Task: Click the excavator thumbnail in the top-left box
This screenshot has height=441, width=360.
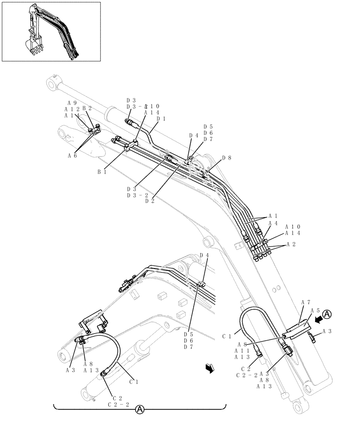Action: pyautogui.click(x=52, y=31)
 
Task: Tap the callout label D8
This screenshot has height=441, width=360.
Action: pyautogui.click(x=227, y=157)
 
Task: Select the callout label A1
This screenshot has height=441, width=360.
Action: pyautogui.click(x=273, y=217)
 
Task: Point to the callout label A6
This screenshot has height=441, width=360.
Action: pyautogui.click(x=72, y=155)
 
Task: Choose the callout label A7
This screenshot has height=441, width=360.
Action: pyautogui.click(x=306, y=303)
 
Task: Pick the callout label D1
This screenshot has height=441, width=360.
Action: pyautogui.click(x=161, y=119)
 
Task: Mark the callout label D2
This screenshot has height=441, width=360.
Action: pyautogui.click(x=150, y=201)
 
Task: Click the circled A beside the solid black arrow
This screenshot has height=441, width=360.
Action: pyautogui.click(x=326, y=314)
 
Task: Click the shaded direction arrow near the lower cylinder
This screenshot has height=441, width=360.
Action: pyautogui.click(x=210, y=368)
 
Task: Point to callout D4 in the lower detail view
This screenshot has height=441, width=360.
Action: pyautogui.click(x=204, y=255)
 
